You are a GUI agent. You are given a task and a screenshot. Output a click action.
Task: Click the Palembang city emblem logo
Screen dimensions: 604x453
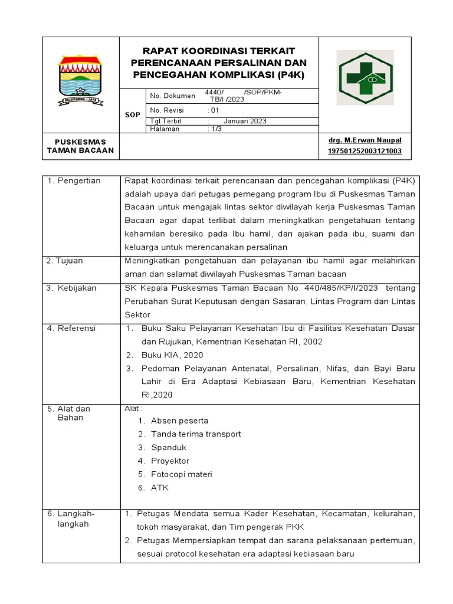tap(80, 80)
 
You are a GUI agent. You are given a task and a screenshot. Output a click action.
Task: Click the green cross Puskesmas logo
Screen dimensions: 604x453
tap(365, 77)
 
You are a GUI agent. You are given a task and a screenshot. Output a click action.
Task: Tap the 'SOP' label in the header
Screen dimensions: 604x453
tap(133, 115)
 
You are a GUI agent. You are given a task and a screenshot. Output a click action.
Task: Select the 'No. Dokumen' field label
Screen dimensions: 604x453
tap(172, 96)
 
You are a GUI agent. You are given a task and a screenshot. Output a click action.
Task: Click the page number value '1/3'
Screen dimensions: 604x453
tap(216, 129)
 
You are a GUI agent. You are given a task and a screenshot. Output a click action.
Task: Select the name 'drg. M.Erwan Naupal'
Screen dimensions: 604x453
tap(365, 140)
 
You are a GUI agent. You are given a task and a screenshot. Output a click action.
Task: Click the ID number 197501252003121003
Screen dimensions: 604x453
tap(365, 151)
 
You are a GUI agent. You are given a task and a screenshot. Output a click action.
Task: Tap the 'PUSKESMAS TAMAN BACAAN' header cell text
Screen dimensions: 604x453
tap(80, 146)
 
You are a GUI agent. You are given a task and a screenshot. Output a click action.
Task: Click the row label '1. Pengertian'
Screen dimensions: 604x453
tap(74, 180)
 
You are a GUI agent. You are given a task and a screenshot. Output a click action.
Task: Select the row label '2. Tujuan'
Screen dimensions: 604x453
tap(65, 261)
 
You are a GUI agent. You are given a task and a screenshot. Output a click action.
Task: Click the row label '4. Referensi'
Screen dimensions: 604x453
tap(71, 328)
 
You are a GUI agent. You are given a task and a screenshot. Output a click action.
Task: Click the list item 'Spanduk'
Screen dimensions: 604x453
tap(169, 448)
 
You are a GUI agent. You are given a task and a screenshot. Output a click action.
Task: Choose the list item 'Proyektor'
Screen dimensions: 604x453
tap(170, 461)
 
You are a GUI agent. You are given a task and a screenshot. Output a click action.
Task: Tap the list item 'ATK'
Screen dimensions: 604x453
tap(160, 488)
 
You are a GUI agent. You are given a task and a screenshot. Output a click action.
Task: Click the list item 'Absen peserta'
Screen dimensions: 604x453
tap(179, 421)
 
